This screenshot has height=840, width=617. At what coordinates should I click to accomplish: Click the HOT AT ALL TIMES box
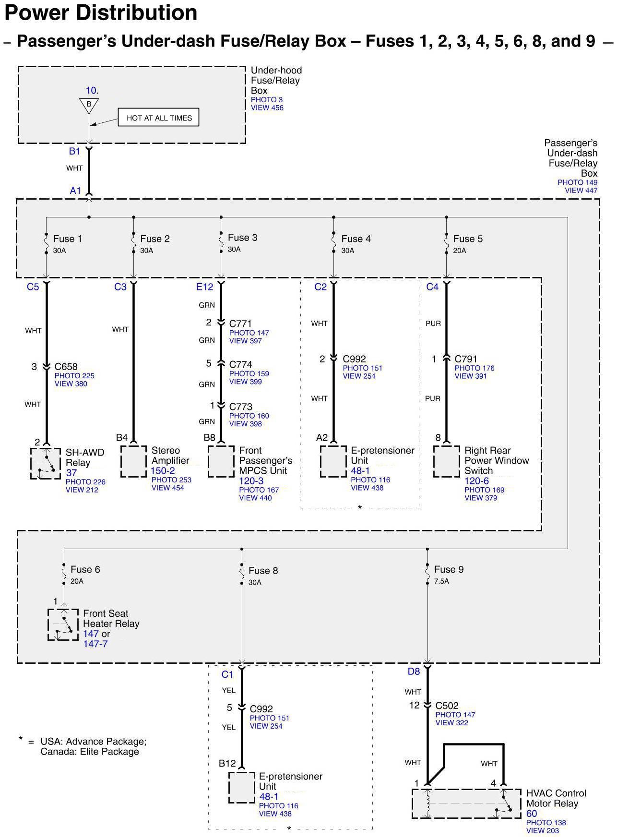click(158, 118)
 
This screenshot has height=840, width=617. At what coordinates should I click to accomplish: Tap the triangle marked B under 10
click(89, 105)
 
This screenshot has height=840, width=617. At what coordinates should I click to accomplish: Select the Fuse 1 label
click(67, 239)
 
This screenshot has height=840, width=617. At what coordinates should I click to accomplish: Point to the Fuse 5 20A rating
click(459, 251)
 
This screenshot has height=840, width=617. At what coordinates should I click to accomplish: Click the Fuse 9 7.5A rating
click(441, 581)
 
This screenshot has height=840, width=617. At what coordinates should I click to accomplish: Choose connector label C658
click(66, 367)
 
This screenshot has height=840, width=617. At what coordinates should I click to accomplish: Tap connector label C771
click(240, 324)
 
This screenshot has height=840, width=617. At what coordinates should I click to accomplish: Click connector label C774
click(240, 365)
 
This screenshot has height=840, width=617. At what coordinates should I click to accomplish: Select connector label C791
click(466, 359)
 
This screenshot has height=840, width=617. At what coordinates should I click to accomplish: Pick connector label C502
click(447, 706)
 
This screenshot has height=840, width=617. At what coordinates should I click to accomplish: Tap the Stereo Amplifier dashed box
click(133, 461)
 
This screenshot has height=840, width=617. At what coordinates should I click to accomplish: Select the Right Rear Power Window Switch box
click(446, 461)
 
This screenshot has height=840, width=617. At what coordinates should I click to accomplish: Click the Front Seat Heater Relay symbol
click(63, 624)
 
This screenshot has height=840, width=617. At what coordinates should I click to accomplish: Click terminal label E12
click(204, 287)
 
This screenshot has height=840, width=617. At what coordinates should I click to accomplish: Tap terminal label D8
click(414, 672)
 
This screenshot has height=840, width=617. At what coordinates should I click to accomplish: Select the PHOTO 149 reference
click(577, 182)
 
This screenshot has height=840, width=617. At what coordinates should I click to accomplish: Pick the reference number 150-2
click(163, 471)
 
